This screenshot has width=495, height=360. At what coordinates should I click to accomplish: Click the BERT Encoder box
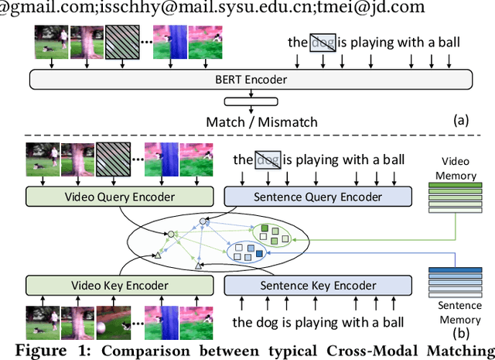tap(251, 78)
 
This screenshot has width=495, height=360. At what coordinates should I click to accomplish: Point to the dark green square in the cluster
tap(265, 227)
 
